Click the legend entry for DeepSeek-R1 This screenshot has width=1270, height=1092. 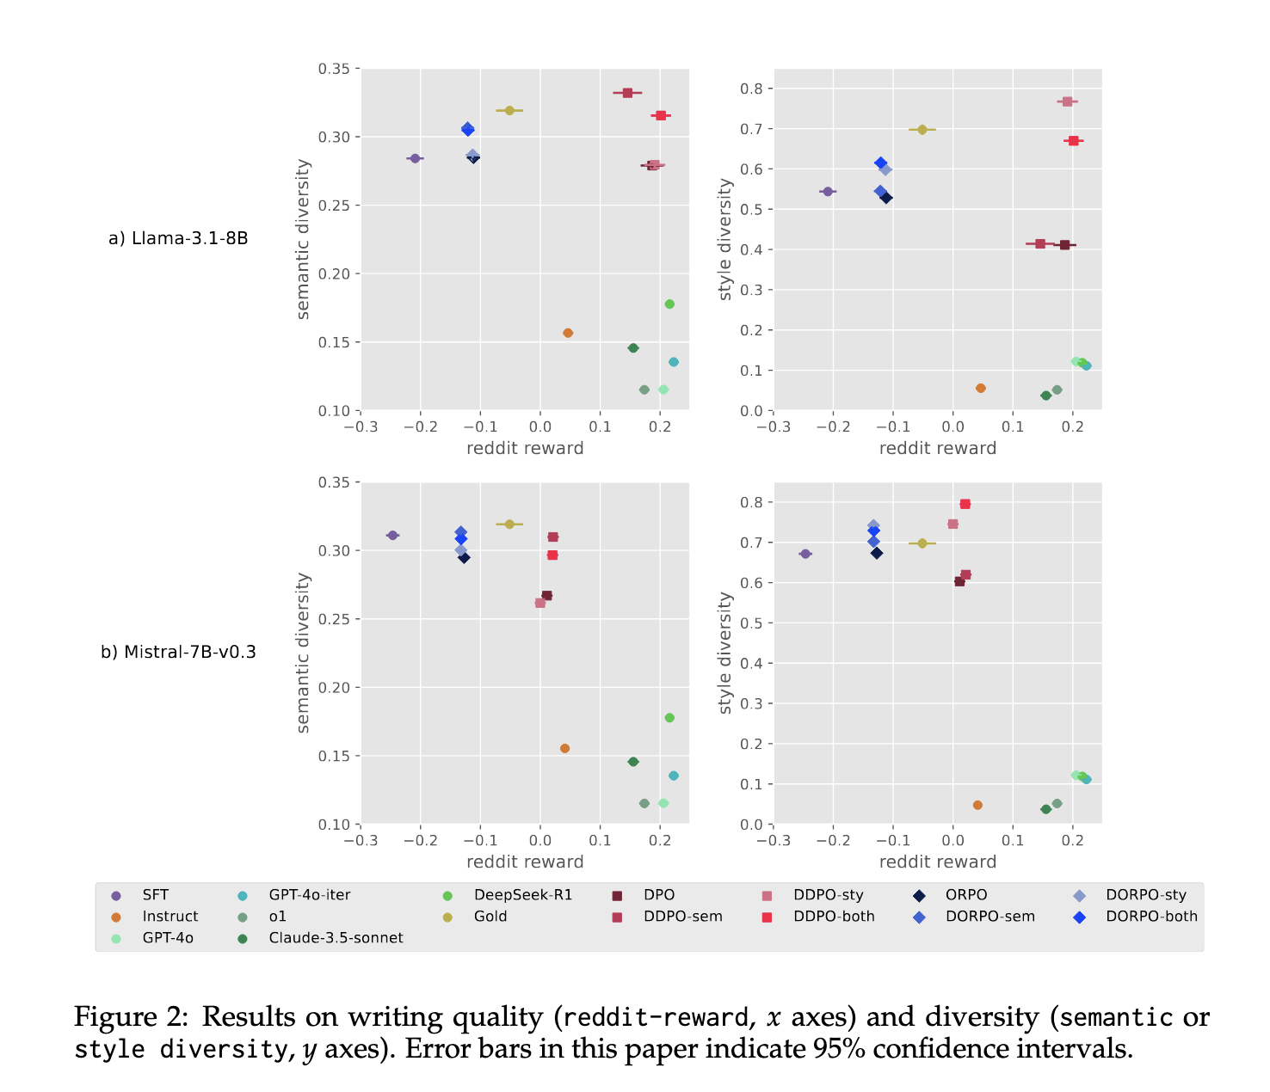pyautogui.click(x=522, y=895)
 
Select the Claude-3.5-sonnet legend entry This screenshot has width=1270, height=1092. pyautogui.click(x=336, y=938)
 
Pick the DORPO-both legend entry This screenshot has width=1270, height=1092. pyautogui.click(x=1151, y=917)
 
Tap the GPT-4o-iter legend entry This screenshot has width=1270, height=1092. pyautogui.click(x=310, y=895)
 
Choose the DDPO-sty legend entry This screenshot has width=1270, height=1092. pyautogui.click(x=828, y=895)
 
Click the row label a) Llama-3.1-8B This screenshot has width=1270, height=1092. pyautogui.click(x=178, y=238)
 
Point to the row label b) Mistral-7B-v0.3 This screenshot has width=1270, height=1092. pyautogui.click(x=178, y=652)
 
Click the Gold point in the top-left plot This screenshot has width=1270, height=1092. pyautogui.click(x=509, y=111)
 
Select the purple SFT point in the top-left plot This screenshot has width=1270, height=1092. pyautogui.click(x=415, y=158)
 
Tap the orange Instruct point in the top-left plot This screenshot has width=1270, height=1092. pyautogui.click(x=568, y=333)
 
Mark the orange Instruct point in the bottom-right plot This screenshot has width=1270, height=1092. pyautogui.click(x=977, y=805)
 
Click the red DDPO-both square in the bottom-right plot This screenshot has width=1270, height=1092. pyautogui.click(x=965, y=504)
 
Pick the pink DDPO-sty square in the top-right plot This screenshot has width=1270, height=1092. pyautogui.click(x=1067, y=101)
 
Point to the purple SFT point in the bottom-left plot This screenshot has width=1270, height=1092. pyautogui.click(x=392, y=535)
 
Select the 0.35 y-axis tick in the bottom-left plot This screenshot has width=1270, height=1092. pyautogui.click(x=334, y=482)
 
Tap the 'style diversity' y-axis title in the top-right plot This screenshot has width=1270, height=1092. pyautogui.click(x=725, y=239)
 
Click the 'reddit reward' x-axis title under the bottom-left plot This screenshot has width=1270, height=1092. pyautogui.click(x=525, y=862)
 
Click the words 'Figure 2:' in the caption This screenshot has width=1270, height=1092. pyautogui.click(x=131, y=1017)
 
